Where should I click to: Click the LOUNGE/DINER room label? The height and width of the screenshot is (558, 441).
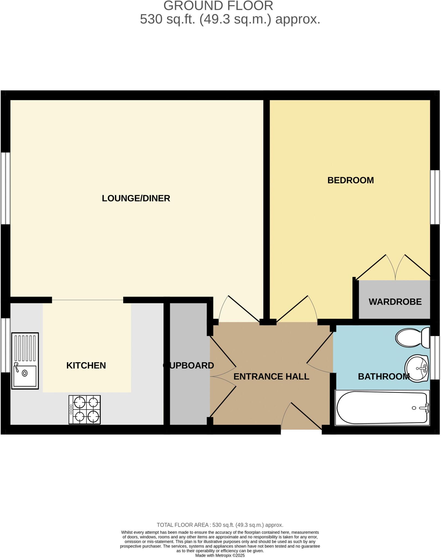point(136,198)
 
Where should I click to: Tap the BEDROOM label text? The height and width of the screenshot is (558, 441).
point(350,180)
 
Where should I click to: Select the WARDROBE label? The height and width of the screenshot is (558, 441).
point(395,302)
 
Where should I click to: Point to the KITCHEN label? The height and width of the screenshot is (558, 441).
point(86,366)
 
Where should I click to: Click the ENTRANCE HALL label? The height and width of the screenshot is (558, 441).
point(271,377)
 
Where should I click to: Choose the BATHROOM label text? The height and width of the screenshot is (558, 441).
point(384,377)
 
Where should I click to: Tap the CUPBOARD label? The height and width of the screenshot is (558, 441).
point(189,366)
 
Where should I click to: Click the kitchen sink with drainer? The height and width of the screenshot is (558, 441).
point(25,361)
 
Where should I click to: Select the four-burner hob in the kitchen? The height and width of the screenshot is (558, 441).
point(85,410)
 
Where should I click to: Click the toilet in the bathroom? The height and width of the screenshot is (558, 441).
point(412,338)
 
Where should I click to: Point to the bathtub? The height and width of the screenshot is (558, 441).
point(382,408)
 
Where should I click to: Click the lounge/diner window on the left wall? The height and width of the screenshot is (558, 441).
point(5,188)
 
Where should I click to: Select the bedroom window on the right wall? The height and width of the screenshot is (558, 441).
point(435,197)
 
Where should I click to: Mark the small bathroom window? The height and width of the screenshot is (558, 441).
point(435,357)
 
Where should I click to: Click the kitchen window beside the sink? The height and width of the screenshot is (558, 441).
point(5,345)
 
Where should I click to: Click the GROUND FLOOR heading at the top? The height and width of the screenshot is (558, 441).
point(218,6)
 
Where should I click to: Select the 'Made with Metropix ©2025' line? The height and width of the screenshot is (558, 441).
point(220,555)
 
